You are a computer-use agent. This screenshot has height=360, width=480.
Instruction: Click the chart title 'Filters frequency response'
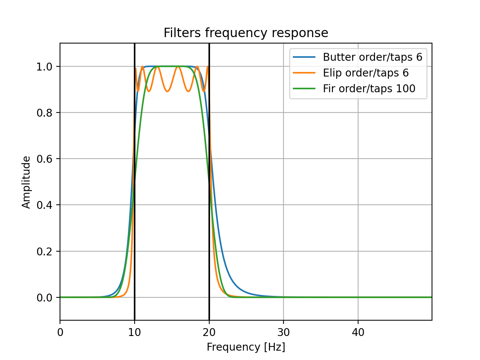246,33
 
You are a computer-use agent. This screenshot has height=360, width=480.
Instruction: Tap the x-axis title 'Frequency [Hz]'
246,347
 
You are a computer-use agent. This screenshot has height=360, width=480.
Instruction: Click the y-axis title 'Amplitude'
26,182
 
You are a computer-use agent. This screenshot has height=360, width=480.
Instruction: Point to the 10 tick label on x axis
135,332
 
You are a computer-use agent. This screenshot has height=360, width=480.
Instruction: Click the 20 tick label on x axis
209,332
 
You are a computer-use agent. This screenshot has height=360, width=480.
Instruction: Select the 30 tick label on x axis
283,332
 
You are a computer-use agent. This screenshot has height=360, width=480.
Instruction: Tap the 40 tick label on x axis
358,332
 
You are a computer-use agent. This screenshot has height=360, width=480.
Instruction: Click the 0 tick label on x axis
60,332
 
